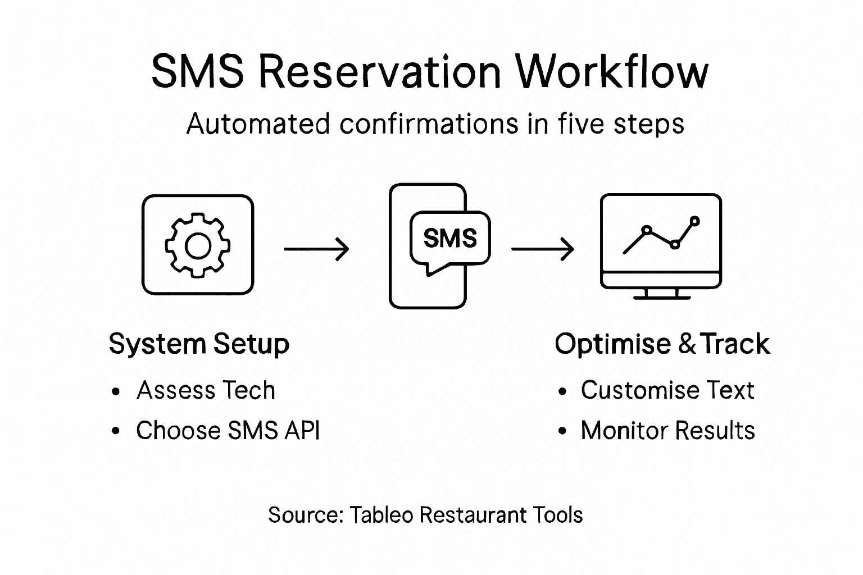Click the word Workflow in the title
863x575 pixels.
(x=612, y=72)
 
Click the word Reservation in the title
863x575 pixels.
(x=380, y=72)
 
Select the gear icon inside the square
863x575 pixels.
(x=197, y=245)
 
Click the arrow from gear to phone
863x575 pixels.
(x=316, y=249)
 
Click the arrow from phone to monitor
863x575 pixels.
(x=542, y=249)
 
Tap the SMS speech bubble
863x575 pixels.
(x=450, y=239)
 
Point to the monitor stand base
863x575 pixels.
(x=661, y=295)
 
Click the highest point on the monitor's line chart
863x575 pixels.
(x=694, y=221)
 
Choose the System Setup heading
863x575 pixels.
(x=199, y=344)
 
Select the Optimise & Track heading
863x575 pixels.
(x=662, y=344)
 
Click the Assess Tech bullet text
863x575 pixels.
(x=206, y=390)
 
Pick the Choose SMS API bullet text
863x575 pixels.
(x=228, y=431)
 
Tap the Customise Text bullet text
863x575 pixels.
(x=667, y=390)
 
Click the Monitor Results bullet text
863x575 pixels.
(x=667, y=431)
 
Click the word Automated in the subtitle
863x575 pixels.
(x=258, y=124)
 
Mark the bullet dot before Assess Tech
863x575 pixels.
(x=116, y=391)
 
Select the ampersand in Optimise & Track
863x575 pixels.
(x=687, y=344)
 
